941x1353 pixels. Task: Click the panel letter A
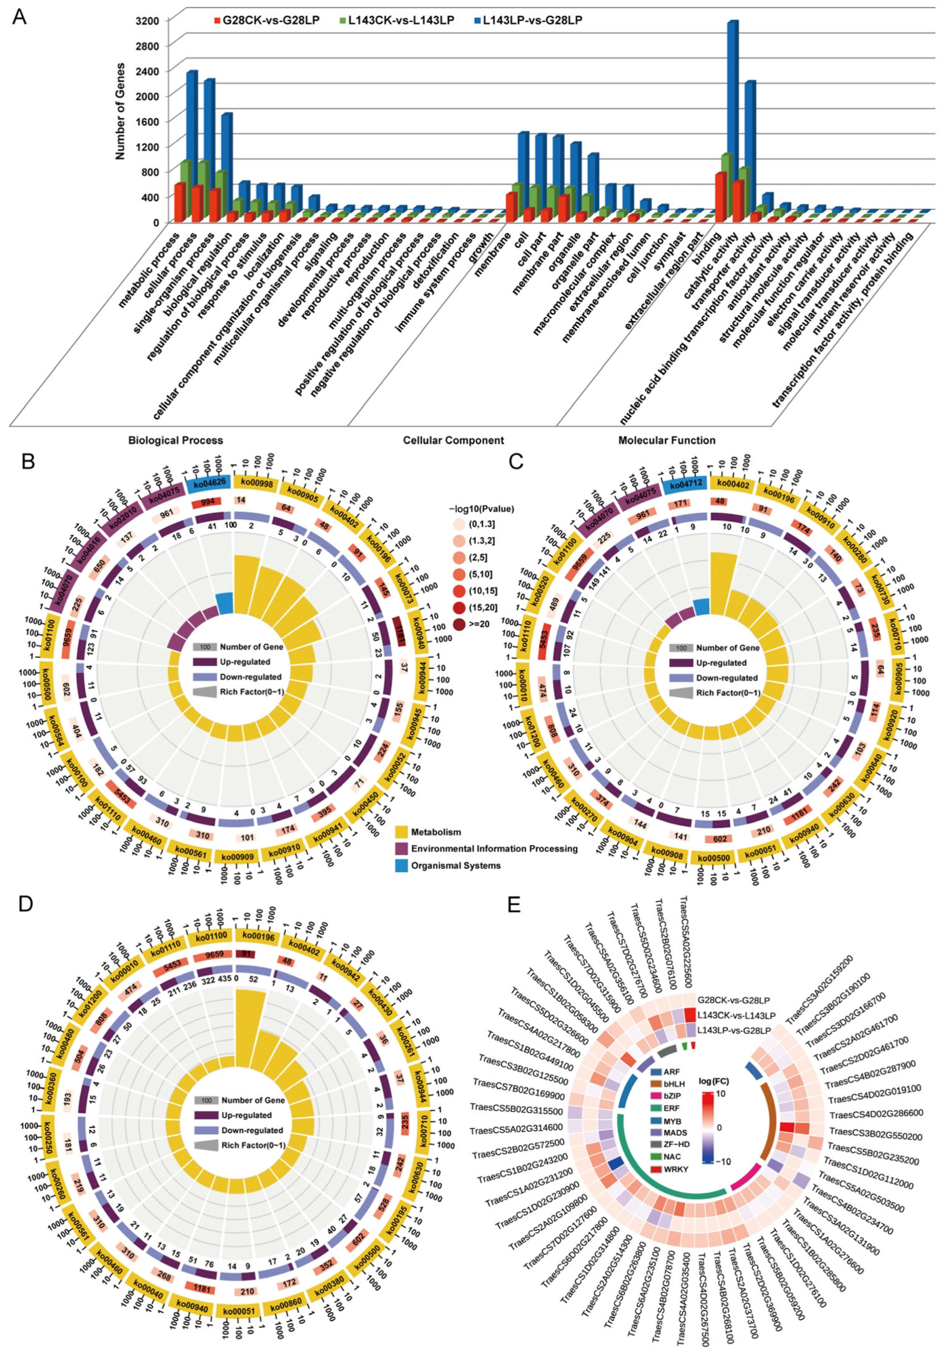click(19, 17)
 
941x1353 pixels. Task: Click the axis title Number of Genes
click(120, 111)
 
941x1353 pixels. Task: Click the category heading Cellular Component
click(453, 440)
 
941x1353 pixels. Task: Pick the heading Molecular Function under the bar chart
click(667, 440)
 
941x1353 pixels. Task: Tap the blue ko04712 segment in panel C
click(687, 483)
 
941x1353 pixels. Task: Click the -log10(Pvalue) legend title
click(481, 508)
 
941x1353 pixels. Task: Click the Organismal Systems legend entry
click(455, 866)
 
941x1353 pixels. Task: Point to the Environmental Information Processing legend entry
click(494, 849)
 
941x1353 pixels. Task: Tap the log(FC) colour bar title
click(715, 1081)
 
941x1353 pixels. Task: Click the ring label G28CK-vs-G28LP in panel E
click(734, 1000)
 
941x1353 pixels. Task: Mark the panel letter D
click(26, 904)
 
